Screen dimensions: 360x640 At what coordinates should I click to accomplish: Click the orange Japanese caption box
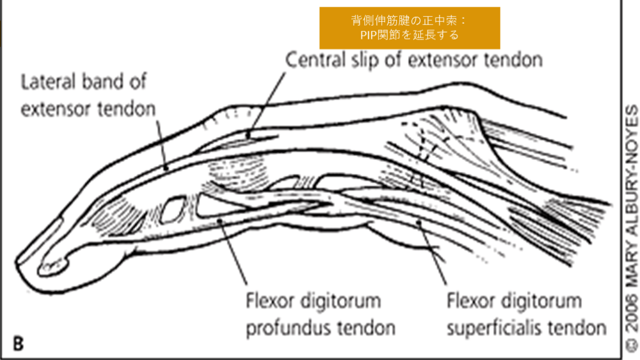[409, 27]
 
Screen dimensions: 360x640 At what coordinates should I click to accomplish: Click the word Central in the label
[312, 61]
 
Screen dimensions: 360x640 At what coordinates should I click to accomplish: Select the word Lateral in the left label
[46, 82]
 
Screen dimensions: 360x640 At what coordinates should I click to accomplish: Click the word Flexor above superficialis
[471, 302]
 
